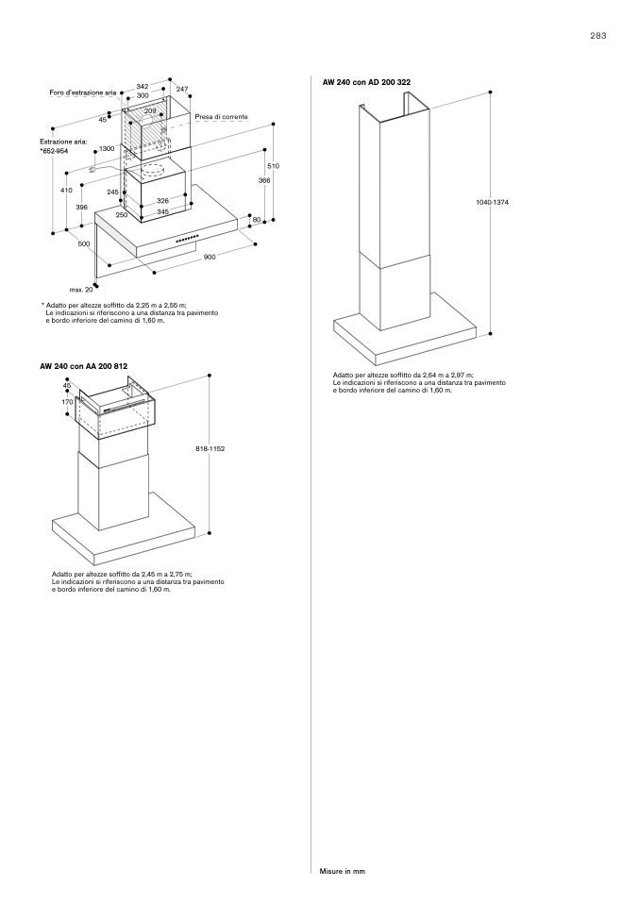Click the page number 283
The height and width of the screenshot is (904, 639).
coord(597,35)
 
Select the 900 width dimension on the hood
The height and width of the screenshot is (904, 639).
coord(210,257)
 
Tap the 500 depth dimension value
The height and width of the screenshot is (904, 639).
coord(83,243)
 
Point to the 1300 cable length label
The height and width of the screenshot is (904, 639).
coord(107,149)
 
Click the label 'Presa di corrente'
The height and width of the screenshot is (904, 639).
coord(222,116)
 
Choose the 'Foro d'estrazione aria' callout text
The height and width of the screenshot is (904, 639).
coord(83,92)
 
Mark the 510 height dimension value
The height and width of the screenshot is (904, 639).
coord(273,165)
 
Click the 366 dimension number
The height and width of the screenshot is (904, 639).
coord(264,180)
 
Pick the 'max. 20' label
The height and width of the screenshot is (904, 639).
coord(81,289)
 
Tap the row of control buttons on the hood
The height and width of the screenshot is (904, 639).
coord(187,238)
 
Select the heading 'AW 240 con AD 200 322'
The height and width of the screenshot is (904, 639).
coord(366,83)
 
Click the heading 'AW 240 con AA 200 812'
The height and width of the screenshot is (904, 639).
coord(83,365)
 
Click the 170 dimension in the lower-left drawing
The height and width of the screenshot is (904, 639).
coord(67,402)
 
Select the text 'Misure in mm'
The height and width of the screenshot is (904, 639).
coord(342,871)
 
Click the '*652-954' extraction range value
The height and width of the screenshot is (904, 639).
coord(54,150)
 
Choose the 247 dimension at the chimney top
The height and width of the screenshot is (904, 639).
coord(182,89)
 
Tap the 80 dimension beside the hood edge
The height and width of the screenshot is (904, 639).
coord(256,220)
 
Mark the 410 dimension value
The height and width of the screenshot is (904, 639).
coord(66,190)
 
